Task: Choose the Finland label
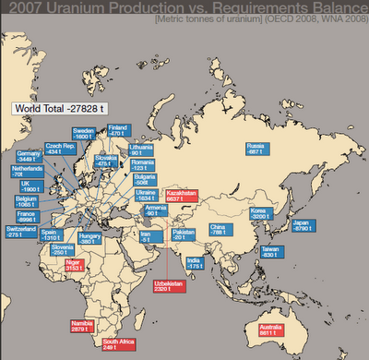(117, 131)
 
